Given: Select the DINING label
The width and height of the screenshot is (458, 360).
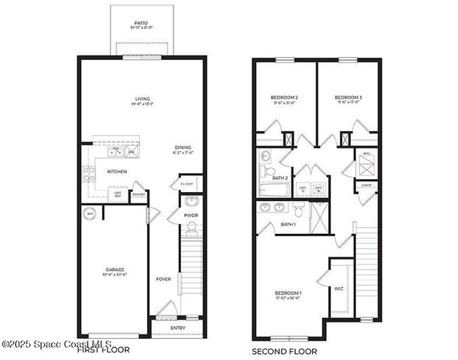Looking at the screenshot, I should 182,147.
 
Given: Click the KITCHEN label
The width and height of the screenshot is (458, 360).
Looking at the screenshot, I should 116,172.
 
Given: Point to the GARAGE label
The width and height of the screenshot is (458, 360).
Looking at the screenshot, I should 114,269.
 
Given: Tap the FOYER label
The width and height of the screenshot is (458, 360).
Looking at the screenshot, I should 164,279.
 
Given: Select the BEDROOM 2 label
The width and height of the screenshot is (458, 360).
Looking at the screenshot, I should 285,98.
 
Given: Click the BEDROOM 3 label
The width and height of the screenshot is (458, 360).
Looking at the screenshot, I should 348,98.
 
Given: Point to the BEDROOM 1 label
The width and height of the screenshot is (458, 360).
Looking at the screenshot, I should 289,292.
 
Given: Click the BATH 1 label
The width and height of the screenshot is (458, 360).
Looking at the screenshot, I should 288,224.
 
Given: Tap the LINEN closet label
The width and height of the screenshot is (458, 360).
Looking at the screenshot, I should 366,184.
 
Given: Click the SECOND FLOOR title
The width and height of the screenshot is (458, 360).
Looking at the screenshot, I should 285,351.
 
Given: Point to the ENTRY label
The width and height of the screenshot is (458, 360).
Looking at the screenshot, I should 178,328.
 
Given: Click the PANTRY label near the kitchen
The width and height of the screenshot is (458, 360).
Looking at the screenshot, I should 138,195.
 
